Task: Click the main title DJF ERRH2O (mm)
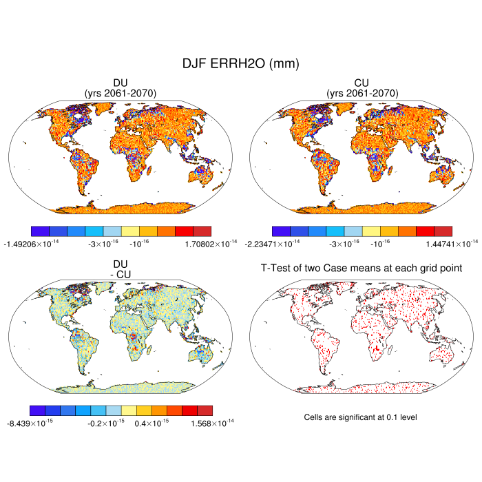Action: click(240, 63)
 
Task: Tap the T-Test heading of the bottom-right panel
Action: click(361, 267)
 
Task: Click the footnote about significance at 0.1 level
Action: click(361, 417)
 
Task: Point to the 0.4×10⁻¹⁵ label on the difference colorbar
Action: click(153, 422)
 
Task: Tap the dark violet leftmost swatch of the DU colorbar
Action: click(40, 231)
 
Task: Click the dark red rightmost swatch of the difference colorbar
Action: click(205, 410)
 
